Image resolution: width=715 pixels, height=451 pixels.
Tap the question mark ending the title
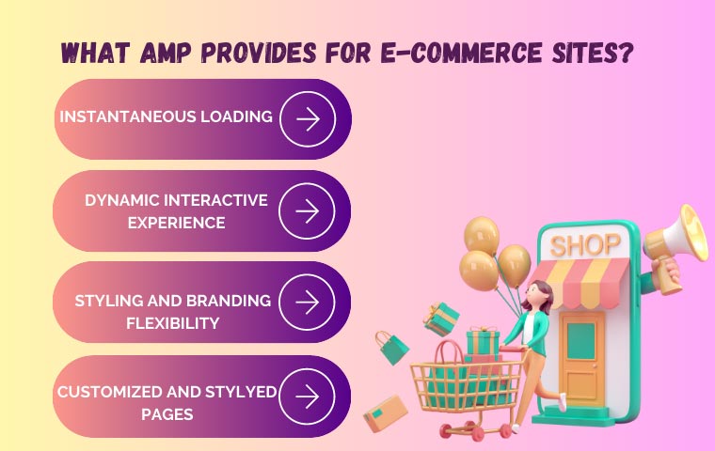(x=624, y=53)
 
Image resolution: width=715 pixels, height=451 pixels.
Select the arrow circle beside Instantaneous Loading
(x=307, y=118)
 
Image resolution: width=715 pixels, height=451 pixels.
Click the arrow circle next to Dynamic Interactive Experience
(x=307, y=210)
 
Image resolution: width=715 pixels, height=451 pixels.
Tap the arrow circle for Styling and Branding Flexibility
(x=307, y=302)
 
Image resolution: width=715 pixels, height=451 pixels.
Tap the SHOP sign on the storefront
(x=585, y=246)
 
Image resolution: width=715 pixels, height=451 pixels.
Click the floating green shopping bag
(x=391, y=347)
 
